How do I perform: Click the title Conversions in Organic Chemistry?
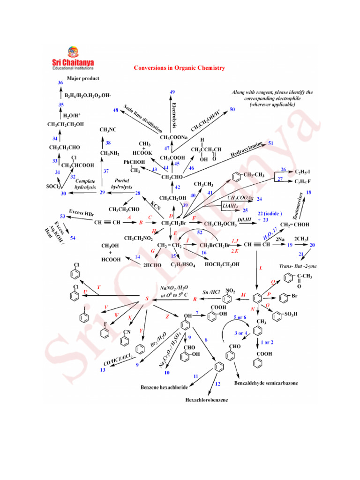pos(180,68)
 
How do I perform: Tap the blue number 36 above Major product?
pos(60,82)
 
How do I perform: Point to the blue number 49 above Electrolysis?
pos(172,92)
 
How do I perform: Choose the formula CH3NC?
pos(108,130)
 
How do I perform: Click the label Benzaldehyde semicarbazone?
pos(266,383)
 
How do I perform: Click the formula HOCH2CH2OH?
pos(222,264)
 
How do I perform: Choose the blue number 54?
pos(73,238)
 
